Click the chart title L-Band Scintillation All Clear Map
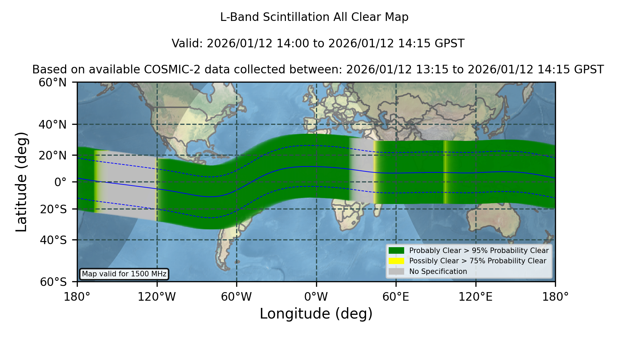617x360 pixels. click(x=314, y=17)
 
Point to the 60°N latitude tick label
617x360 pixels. click(x=52, y=83)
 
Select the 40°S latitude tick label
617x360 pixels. click(x=53, y=240)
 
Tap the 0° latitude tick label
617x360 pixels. click(x=60, y=182)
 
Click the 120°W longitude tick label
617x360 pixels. click(x=157, y=297)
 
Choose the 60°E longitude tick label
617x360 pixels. click(x=396, y=297)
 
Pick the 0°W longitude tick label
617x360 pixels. click(x=316, y=297)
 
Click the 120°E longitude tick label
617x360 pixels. click(x=475, y=297)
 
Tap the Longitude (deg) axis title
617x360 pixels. click(x=316, y=314)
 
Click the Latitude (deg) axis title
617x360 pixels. click(x=22, y=182)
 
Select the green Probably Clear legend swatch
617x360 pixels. click(x=396, y=251)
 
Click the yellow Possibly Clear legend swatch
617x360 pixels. click(x=396, y=261)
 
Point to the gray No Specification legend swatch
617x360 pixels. click(x=396, y=272)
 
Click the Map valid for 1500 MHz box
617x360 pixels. click(x=124, y=274)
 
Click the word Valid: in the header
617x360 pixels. click(x=187, y=44)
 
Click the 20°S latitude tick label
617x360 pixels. click(x=53, y=209)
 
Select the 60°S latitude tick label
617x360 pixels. click(x=53, y=282)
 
